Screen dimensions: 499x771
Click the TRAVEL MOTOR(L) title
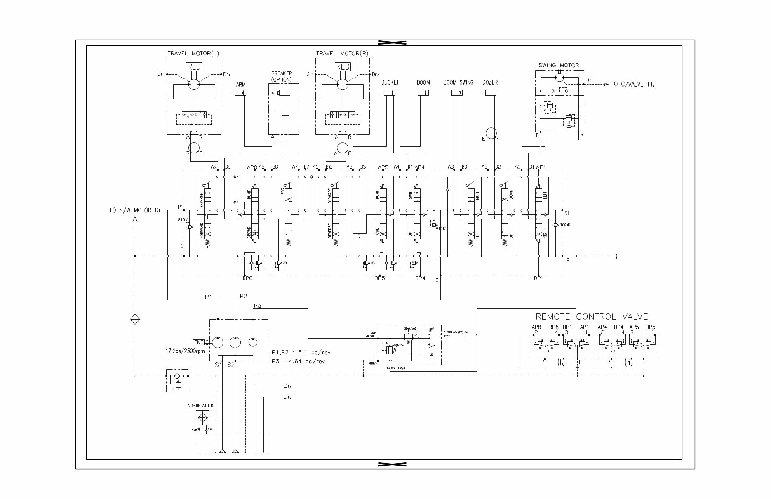click(x=193, y=53)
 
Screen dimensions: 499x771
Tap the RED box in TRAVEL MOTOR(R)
click(x=342, y=67)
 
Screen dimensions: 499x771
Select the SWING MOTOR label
click(x=558, y=65)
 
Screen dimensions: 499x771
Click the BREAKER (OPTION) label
click(x=281, y=76)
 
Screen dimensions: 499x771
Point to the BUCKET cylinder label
click(x=390, y=82)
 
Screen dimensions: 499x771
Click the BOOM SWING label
click(x=458, y=82)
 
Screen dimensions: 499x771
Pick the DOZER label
click(x=490, y=82)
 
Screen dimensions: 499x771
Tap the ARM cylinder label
click(x=241, y=85)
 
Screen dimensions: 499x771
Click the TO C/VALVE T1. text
click(x=633, y=84)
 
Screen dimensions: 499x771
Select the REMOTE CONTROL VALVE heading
click(x=591, y=317)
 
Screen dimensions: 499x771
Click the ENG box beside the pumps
click(x=199, y=342)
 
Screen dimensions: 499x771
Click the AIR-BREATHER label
click(x=200, y=405)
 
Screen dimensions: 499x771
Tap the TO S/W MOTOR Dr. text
click(x=136, y=210)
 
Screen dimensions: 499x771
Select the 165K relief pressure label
click(x=565, y=224)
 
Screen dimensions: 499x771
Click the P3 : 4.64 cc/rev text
click(x=298, y=361)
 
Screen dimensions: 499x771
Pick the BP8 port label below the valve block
click(x=247, y=278)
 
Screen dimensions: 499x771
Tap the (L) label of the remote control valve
click(x=560, y=362)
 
